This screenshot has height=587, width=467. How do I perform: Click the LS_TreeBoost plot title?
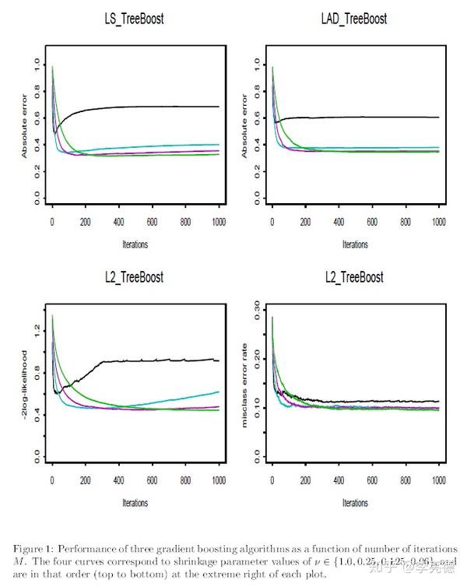[x=135, y=18]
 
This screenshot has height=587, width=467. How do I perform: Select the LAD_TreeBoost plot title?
[x=355, y=18]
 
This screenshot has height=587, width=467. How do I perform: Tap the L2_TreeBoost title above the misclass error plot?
[x=355, y=278]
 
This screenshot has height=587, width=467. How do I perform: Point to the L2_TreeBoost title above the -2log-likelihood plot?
[x=135, y=278]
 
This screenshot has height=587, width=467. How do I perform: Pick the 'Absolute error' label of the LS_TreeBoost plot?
[x=26, y=131]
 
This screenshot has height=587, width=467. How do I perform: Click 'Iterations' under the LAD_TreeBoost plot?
[x=355, y=244]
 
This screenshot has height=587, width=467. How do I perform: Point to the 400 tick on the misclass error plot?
[x=339, y=480]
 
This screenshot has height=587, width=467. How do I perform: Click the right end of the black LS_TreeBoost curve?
[x=218, y=107]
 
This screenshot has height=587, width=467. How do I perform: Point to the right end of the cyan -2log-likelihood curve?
[x=218, y=392]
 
